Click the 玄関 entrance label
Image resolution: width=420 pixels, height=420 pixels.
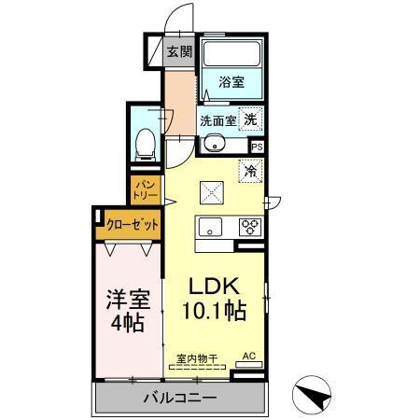point(180,52)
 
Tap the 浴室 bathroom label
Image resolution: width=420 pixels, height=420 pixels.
point(231,82)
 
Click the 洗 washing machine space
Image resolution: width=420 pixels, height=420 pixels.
point(250,119)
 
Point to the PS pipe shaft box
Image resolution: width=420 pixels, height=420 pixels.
point(258,147)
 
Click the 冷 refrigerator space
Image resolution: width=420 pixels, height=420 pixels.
point(250,171)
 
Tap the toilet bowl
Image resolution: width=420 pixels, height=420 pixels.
point(145,143)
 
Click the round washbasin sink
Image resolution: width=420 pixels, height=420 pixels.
point(214,144)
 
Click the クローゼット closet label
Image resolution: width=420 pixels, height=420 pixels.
point(132,225)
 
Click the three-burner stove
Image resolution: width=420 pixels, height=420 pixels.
point(249,226)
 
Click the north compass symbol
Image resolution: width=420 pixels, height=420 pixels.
point(315,396)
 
